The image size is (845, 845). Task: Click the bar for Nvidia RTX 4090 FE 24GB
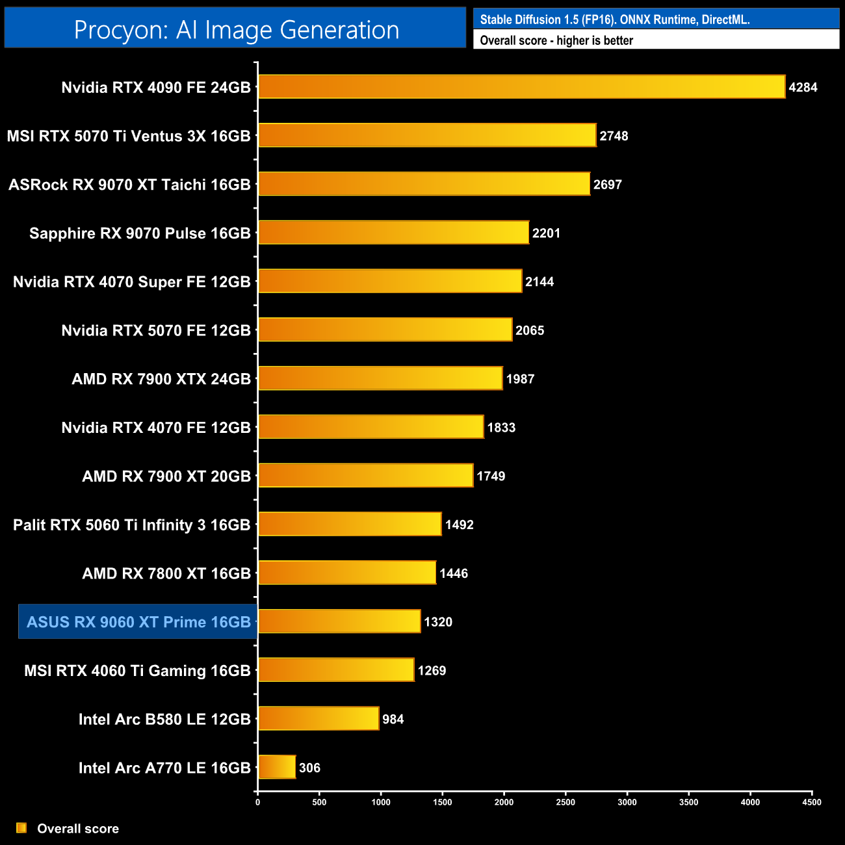(521, 87)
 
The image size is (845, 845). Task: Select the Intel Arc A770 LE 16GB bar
(277, 768)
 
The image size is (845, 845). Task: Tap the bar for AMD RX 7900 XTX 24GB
(380, 378)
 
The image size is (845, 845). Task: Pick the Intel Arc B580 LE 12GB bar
(318, 719)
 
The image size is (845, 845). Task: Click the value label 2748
(614, 136)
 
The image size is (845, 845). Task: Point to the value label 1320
(438, 622)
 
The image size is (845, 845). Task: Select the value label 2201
(546, 233)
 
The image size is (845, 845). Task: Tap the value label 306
(309, 768)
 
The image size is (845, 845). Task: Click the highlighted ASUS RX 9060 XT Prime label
(138, 622)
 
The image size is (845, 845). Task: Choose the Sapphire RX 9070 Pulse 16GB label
(140, 233)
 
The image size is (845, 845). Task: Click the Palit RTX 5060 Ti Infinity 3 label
(131, 525)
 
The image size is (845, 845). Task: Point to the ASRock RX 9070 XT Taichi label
(129, 185)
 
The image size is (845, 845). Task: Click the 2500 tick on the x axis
(565, 802)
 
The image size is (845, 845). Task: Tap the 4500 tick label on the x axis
(812, 802)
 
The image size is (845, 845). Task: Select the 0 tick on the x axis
(258, 802)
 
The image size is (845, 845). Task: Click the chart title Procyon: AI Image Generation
(236, 30)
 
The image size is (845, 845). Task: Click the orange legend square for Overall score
(21, 828)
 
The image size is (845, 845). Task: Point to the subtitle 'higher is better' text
(595, 40)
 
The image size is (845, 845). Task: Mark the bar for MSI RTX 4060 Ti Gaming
(336, 670)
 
